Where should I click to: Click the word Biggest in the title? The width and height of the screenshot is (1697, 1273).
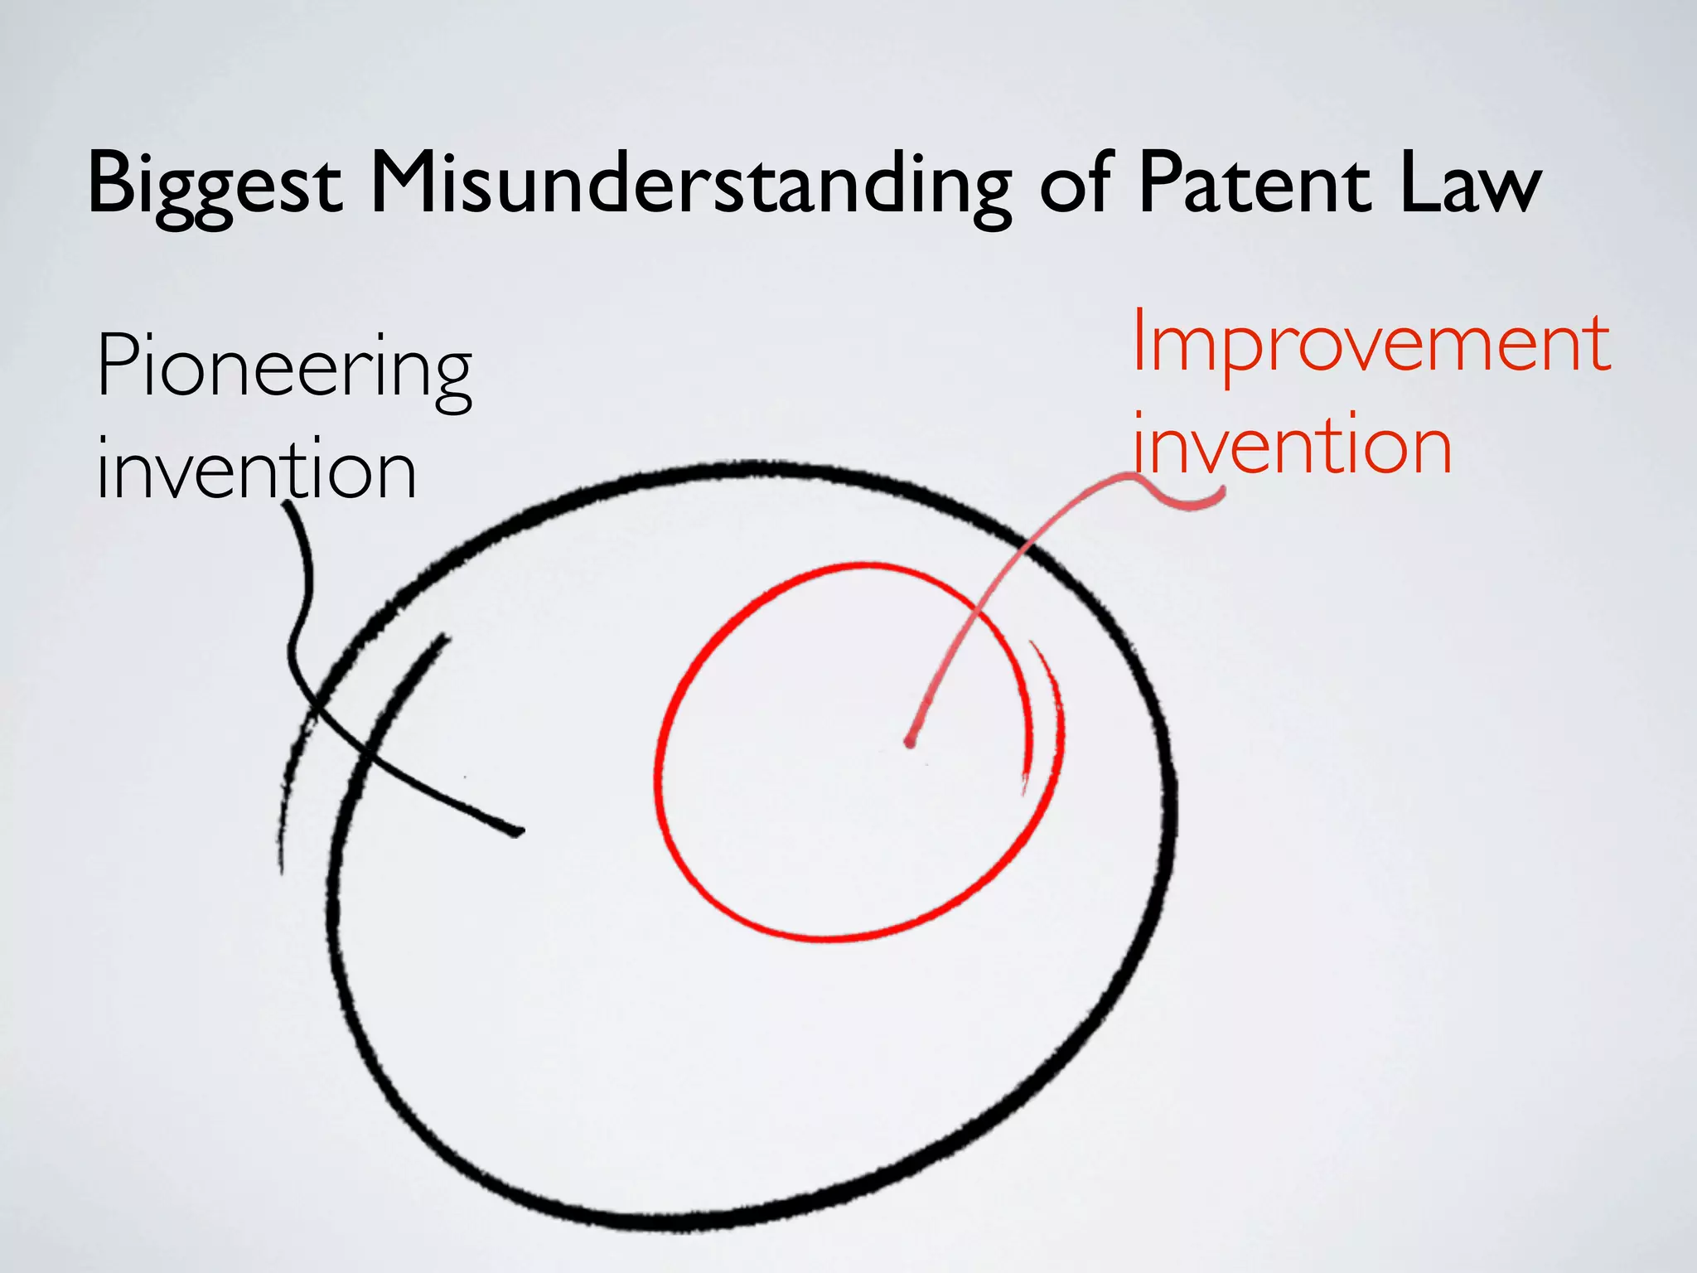pyautogui.click(x=214, y=184)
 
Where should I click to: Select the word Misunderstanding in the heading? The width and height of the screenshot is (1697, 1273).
pyautogui.click(x=690, y=184)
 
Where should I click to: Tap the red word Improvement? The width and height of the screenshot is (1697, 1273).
pyautogui.click(x=1371, y=344)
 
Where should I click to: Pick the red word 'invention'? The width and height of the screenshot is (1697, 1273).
pyautogui.click(x=1293, y=446)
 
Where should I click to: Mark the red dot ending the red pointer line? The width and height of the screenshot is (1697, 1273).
pyautogui.click(x=910, y=742)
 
